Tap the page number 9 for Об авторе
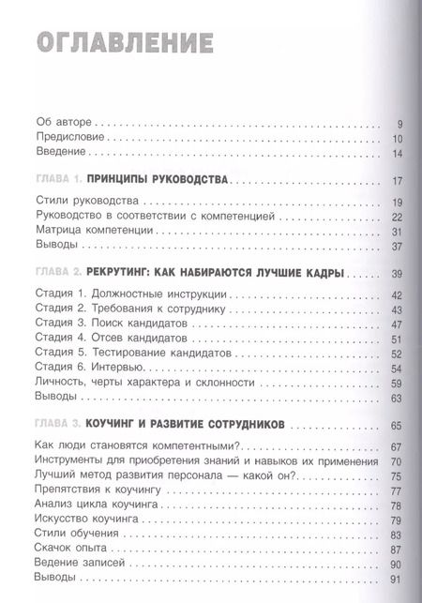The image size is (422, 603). [399, 123]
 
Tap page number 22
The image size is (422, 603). [397, 217]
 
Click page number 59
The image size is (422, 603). [397, 384]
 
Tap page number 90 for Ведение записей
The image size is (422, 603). [397, 565]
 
